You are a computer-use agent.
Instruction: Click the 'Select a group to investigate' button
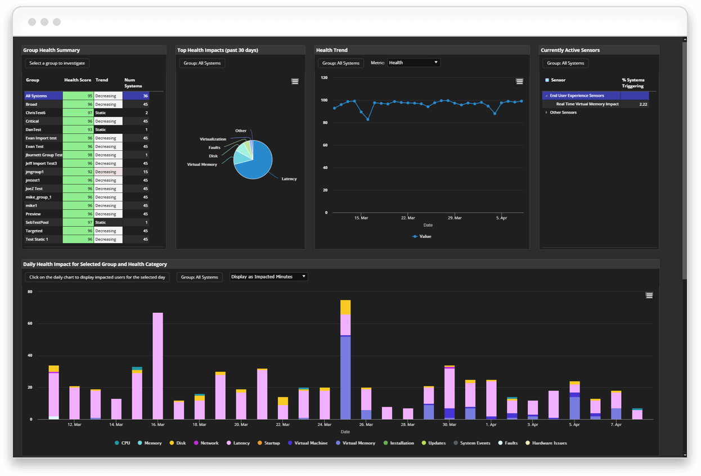[57, 64]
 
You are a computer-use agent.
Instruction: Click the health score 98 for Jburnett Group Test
[78, 155]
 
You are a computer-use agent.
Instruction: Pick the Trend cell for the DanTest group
[107, 130]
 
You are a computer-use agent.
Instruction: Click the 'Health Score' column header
[78, 80]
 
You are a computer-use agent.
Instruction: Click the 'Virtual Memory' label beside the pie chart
[202, 164]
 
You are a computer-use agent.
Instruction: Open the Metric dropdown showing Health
[414, 63]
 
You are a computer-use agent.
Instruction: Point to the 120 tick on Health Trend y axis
[324, 78]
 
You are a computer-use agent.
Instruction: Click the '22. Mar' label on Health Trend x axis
[408, 218]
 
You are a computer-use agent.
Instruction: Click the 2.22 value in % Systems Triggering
[643, 104]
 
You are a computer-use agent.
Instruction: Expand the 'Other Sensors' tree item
[547, 113]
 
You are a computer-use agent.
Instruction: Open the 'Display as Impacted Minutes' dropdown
[268, 277]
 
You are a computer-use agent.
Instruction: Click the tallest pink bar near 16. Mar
[158, 366]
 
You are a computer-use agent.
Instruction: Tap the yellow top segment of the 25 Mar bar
[345, 307]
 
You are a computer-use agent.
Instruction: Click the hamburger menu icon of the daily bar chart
[649, 296]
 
